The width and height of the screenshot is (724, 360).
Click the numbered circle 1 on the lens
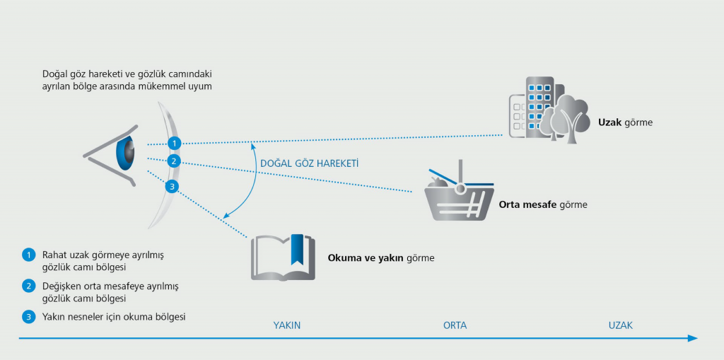tap(175, 143)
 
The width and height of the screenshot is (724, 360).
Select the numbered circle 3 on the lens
tap(171, 187)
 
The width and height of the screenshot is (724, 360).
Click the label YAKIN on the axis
tap(287, 325)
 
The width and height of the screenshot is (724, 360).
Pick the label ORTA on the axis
tap(455, 325)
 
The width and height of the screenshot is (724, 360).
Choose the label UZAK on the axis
tap(620, 325)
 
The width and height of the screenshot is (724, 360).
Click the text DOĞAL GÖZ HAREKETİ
tap(310, 163)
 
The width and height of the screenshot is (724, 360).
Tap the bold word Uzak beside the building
tap(610, 122)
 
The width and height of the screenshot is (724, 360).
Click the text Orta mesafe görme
tap(543, 205)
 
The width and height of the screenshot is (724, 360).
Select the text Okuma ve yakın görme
tap(380, 258)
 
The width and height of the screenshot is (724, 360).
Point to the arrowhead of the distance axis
tap(693, 338)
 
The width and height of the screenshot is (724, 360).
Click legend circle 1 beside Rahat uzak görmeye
tap(29, 255)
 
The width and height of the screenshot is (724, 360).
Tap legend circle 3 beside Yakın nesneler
tap(29, 317)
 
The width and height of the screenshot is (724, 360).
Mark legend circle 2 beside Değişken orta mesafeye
tap(29, 286)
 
